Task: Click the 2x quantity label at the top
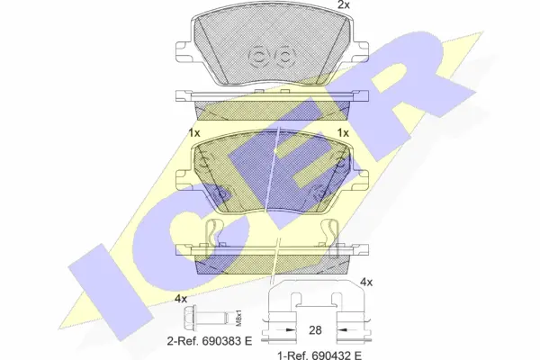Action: (342, 6)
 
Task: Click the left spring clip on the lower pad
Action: (213, 236)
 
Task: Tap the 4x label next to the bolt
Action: (180, 298)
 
